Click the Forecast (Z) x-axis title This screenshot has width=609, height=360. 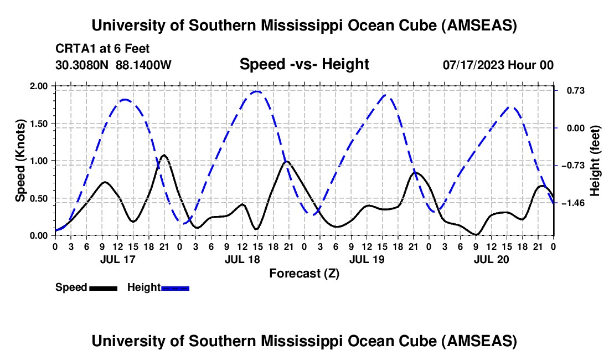click(304, 273)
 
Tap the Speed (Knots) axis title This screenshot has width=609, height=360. click(20, 161)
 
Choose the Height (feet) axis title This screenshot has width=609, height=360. click(595, 161)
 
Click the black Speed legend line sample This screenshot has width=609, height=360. click(103, 287)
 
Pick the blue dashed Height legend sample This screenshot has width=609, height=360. click(176, 287)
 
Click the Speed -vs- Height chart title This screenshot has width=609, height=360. click(304, 64)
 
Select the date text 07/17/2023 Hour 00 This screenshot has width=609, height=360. click(498, 65)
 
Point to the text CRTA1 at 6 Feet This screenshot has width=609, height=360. click(102, 49)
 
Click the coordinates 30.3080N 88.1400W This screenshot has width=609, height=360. click(113, 65)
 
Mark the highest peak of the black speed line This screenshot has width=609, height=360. click(164, 155)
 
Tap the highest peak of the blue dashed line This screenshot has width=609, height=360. click(256, 91)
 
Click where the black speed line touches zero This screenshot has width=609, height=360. click(476, 235)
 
